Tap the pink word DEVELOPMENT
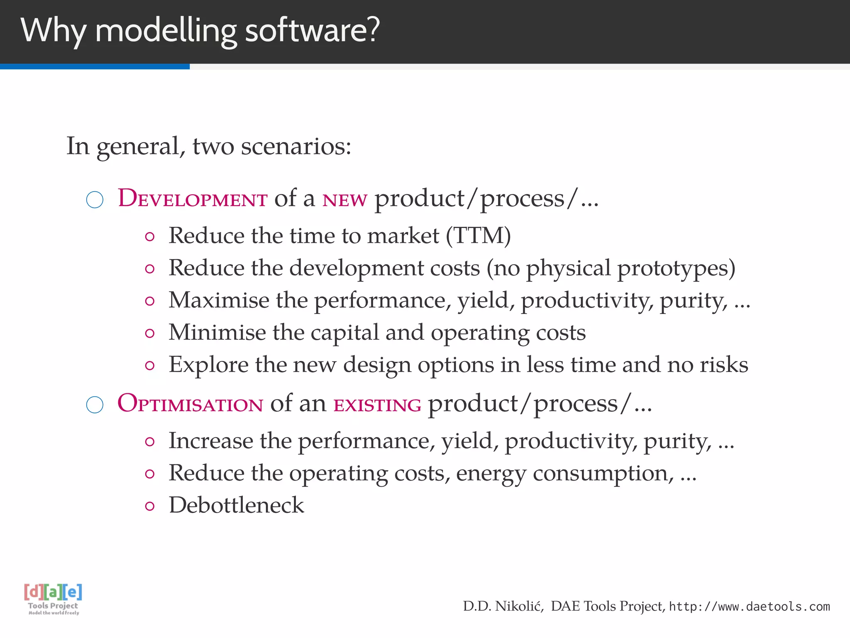[x=193, y=198]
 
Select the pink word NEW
[x=344, y=200]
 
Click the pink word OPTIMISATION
[x=190, y=403]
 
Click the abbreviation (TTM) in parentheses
[x=478, y=236]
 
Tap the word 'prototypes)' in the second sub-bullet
[x=676, y=268]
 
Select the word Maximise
[x=219, y=300]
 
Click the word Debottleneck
[x=236, y=505]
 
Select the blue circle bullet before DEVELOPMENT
[x=95, y=200]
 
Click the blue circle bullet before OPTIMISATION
[x=95, y=405]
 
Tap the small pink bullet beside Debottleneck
[x=150, y=506]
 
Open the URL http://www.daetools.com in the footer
[x=749, y=607]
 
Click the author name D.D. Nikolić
[x=503, y=606]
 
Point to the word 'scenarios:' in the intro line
[x=296, y=146]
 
